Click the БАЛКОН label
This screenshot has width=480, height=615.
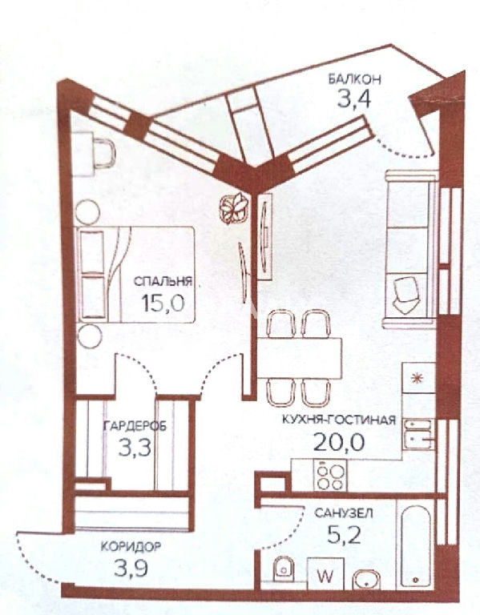(x=354, y=79)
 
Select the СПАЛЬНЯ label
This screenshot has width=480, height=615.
(x=163, y=281)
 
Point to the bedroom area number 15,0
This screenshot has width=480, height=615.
(x=163, y=303)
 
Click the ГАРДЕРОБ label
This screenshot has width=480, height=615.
(x=135, y=426)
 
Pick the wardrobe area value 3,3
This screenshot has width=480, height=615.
(x=135, y=448)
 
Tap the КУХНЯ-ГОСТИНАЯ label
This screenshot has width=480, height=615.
(x=339, y=420)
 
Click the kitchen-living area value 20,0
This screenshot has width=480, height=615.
(x=339, y=442)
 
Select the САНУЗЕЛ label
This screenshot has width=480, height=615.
(x=344, y=513)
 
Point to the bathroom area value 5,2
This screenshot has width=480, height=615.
(x=344, y=535)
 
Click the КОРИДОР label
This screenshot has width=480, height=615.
(x=131, y=546)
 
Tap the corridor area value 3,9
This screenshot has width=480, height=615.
(x=131, y=568)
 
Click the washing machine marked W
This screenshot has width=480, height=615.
(x=325, y=573)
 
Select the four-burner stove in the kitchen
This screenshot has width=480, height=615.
(x=330, y=475)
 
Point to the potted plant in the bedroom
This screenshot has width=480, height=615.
(x=233, y=208)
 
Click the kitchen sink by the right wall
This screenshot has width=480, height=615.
(x=419, y=434)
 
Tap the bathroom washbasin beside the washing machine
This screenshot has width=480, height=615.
(x=366, y=579)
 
